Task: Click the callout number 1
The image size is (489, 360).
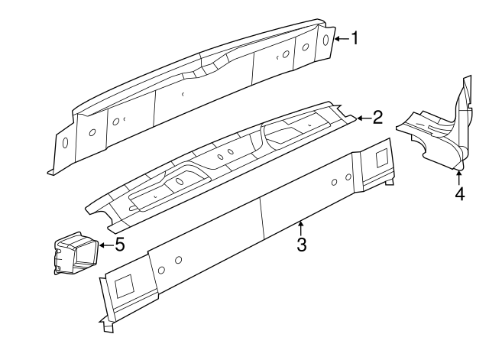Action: pyautogui.click(x=355, y=37)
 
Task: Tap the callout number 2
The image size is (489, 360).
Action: pyautogui.click(x=377, y=117)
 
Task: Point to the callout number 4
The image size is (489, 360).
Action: pyautogui.click(x=459, y=193)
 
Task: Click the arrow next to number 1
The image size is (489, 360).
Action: pyautogui.click(x=342, y=38)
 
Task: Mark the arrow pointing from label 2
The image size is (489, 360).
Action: pyautogui.click(x=363, y=118)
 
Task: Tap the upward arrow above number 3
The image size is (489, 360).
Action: pyautogui.click(x=301, y=227)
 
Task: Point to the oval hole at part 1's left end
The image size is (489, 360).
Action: pyautogui.click(x=65, y=143)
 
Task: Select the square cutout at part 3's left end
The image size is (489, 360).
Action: pyautogui.click(x=122, y=286)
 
